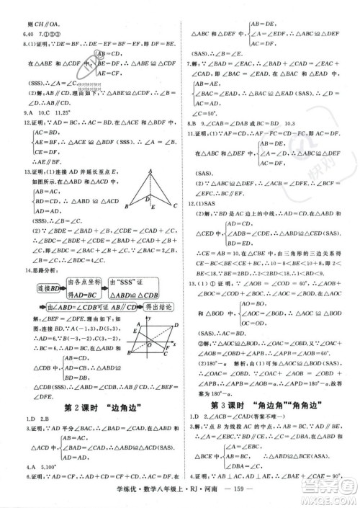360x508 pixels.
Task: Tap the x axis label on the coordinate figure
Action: (166, 342)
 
